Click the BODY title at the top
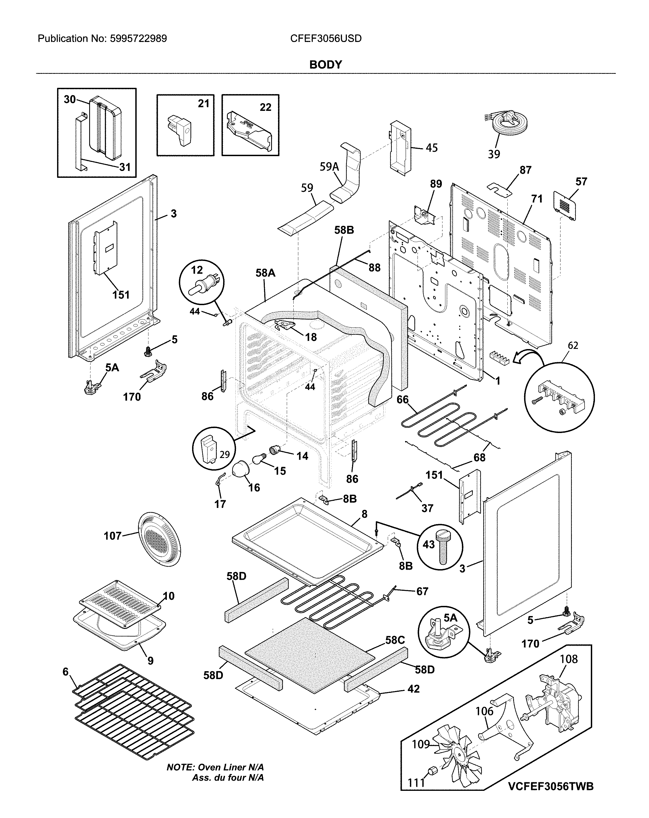[x=325, y=64]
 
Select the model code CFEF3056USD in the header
[x=326, y=39]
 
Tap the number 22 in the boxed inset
[x=265, y=107]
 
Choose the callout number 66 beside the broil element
[x=402, y=400]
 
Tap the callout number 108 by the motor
[x=569, y=659]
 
